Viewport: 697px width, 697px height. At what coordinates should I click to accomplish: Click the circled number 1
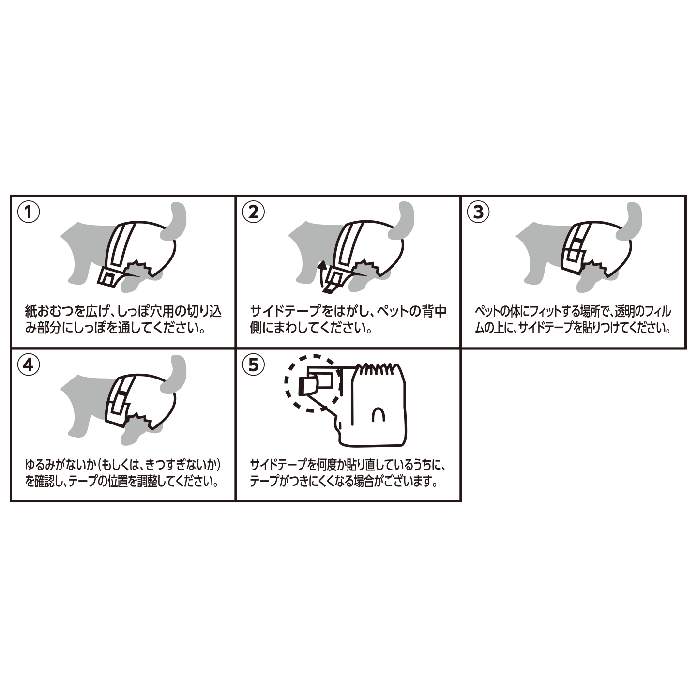(29, 212)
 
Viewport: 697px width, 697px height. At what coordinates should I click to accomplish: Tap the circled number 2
(253, 212)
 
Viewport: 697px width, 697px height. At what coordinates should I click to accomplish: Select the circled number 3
(478, 212)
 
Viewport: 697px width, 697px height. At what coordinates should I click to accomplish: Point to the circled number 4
(29, 364)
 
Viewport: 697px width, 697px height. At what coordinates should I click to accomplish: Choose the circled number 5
(253, 364)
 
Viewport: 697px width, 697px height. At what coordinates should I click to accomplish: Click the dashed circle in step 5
(312, 383)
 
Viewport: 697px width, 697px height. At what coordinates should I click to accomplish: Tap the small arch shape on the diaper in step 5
(378, 415)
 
